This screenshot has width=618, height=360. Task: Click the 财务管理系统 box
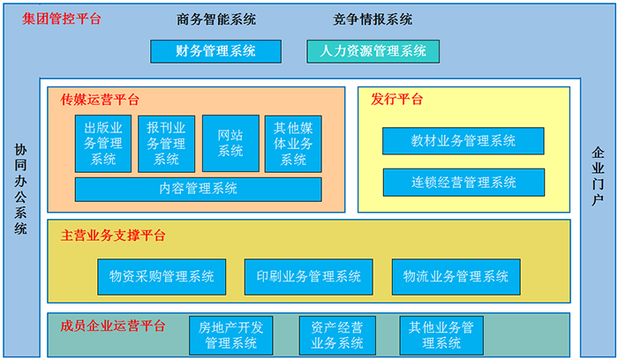pos(215,51)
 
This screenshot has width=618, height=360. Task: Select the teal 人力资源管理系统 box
pos(373,51)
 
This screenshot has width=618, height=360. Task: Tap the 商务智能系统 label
pos(216,19)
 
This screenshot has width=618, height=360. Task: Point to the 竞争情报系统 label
pos(373,19)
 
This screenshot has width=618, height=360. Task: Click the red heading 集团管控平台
pos(62,19)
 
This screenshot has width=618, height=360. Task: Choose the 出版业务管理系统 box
pos(103,144)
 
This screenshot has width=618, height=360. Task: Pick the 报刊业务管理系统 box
pos(166,144)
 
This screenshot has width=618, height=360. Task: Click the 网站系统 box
pos(230,143)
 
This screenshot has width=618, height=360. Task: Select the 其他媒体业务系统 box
pos(293,144)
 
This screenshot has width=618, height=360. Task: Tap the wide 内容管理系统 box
pos(199,189)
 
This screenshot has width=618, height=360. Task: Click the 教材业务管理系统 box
pos(463,140)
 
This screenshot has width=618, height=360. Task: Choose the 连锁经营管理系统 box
pos(463,183)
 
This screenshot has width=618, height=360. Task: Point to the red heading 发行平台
pos(397,99)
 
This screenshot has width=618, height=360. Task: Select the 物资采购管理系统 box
pos(162,276)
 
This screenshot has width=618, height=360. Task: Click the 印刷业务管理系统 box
pos(309,276)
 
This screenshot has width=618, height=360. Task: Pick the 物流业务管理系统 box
pos(456,276)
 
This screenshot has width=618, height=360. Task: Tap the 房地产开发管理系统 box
pos(231,335)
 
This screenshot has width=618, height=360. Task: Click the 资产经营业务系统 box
pos(337,335)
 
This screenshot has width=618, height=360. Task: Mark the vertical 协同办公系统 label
pos(20,189)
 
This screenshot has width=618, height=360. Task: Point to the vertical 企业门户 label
pos(598,176)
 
